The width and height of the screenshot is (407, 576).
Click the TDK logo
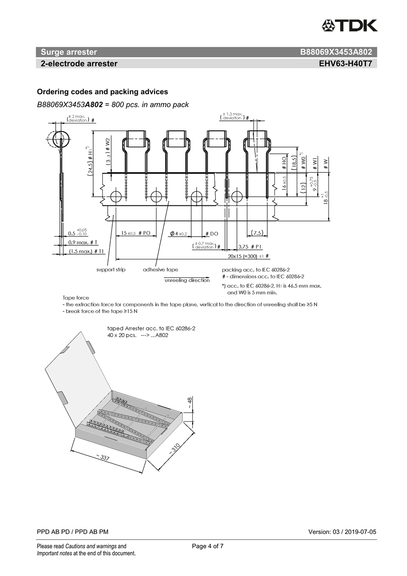tap(349, 25)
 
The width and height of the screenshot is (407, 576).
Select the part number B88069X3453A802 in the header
tap(336, 52)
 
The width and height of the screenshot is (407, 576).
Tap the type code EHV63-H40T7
tap(345, 64)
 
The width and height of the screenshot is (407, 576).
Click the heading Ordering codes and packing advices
tap(102, 92)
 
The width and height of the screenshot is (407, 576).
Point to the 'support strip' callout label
tap(111, 270)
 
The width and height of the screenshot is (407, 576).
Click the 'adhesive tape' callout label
tap(161, 270)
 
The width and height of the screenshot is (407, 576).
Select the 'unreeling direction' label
tap(187, 281)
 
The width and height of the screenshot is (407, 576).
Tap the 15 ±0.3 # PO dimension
tap(135, 233)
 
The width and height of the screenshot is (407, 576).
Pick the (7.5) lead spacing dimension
tap(258, 233)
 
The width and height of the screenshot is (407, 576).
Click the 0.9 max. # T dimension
tap(83, 243)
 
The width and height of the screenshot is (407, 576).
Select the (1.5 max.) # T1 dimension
tap(86, 252)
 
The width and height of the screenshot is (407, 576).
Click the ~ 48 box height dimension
tap(189, 401)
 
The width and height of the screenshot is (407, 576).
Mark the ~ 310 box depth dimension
tap(175, 448)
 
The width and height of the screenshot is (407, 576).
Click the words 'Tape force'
tap(76, 298)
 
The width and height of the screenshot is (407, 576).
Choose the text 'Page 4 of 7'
tap(208, 546)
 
